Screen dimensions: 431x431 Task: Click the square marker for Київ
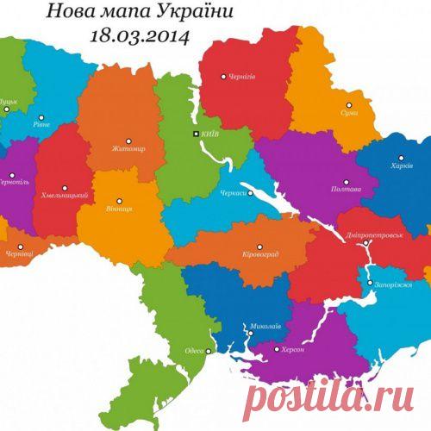point(196,134)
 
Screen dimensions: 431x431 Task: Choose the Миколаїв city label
point(264,327)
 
